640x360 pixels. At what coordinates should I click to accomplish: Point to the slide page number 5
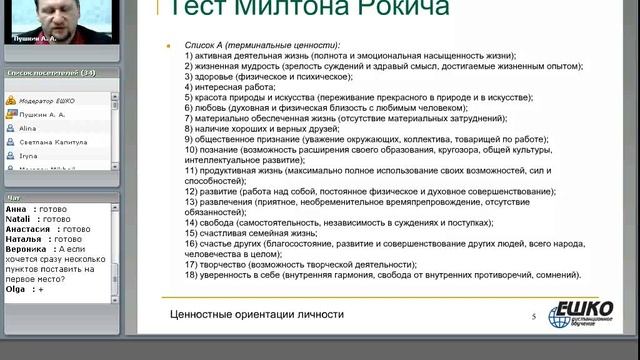coord(533,316)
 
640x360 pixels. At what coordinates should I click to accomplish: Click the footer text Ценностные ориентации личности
coord(257,314)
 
